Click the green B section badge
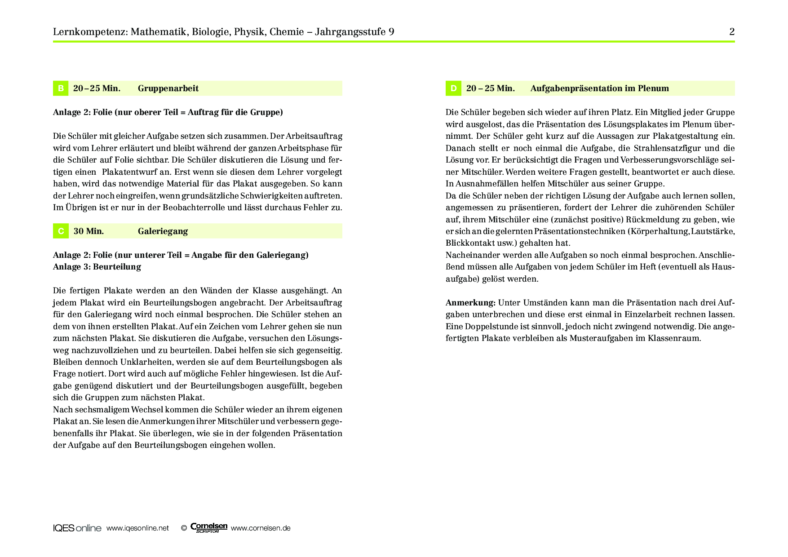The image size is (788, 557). (x=61, y=88)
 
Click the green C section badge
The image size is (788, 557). (x=61, y=231)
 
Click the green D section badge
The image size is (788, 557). (x=453, y=88)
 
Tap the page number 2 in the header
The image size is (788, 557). (x=732, y=32)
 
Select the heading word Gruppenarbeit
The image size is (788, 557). (x=168, y=88)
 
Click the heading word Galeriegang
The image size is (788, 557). (x=163, y=231)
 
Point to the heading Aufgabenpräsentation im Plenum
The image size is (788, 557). (x=599, y=88)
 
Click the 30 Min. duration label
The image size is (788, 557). (x=89, y=231)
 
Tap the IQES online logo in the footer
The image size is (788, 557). (x=77, y=528)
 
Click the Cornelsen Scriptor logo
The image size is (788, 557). (x=209, y=528)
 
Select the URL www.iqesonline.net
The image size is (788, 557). (x=137, y=528)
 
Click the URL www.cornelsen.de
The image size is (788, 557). (x=261, y=528)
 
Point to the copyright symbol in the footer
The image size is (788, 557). (x=184, y=528)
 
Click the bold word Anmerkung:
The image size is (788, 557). (x=470, y=303)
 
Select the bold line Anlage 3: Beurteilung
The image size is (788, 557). (x=97, y=267)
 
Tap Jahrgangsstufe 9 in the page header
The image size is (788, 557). (x=354, y=32)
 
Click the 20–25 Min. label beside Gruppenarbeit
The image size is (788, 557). (x=97, y=88)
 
